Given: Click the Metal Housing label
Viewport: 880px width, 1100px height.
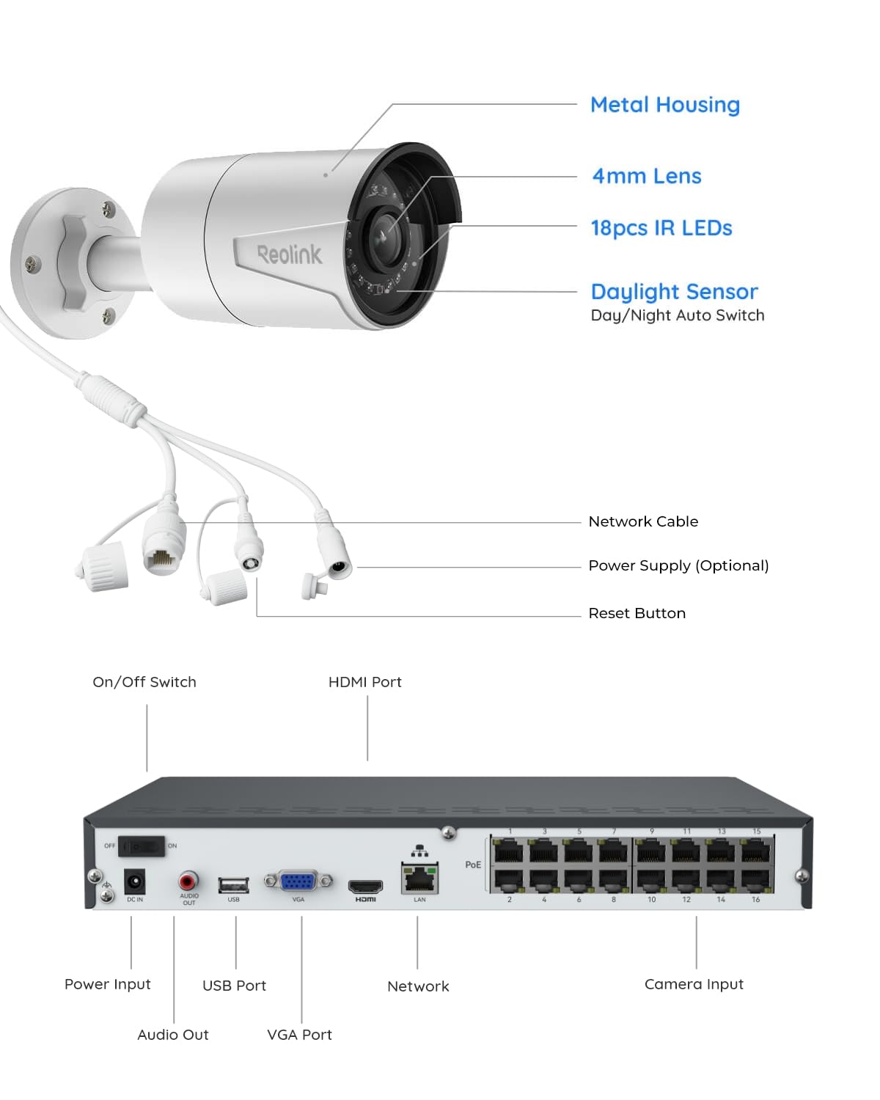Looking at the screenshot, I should pos(664,105).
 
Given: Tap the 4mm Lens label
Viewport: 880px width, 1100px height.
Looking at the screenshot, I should pos(646,176).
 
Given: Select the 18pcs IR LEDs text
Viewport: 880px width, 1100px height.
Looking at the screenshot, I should pos(661,228).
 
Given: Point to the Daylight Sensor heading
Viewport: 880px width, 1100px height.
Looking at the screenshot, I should pos(674,292).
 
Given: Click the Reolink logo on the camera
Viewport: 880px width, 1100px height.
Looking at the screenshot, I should pos(289,254).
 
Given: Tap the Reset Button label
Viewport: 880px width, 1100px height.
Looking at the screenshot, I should pos(637,613).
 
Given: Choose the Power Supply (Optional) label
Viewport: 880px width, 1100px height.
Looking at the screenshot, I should pos(678,565).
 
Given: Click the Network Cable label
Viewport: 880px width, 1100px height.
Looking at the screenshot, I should pos(643,521).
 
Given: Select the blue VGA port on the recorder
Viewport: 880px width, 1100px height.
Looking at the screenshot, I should pos(298,881).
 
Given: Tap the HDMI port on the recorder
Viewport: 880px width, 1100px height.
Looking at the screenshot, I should pos(365,886).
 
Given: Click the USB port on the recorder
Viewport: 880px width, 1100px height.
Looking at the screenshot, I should pos(233,885).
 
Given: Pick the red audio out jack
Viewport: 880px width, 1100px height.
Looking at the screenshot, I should pos(188,880).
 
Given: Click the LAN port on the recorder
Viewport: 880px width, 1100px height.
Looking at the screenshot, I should pos(419,878).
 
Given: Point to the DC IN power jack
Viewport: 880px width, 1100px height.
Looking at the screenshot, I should pos(134,881).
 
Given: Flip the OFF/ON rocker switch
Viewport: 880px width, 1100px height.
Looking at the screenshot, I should pos(142,846).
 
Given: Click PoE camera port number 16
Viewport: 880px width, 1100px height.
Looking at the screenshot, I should pos(756,879).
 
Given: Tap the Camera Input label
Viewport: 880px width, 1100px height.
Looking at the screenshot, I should pos(694,984).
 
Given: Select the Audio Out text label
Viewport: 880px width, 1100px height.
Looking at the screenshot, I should pos(173,1035).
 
